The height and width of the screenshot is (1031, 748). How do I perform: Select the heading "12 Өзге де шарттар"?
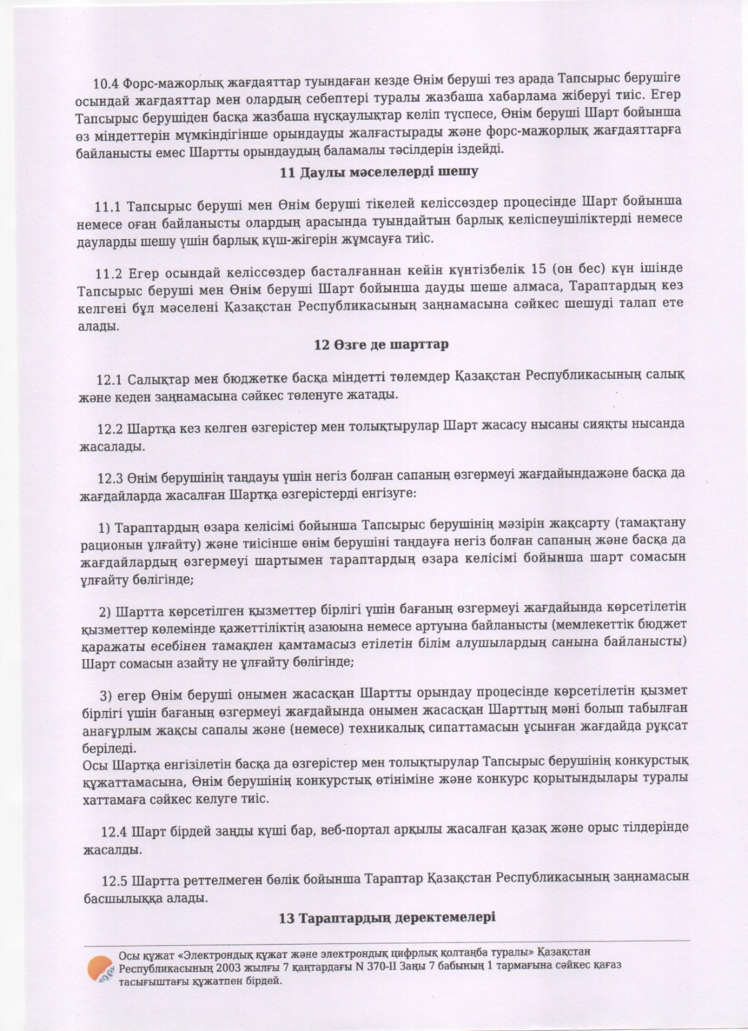pyautogui.click(x=380, y=344)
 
